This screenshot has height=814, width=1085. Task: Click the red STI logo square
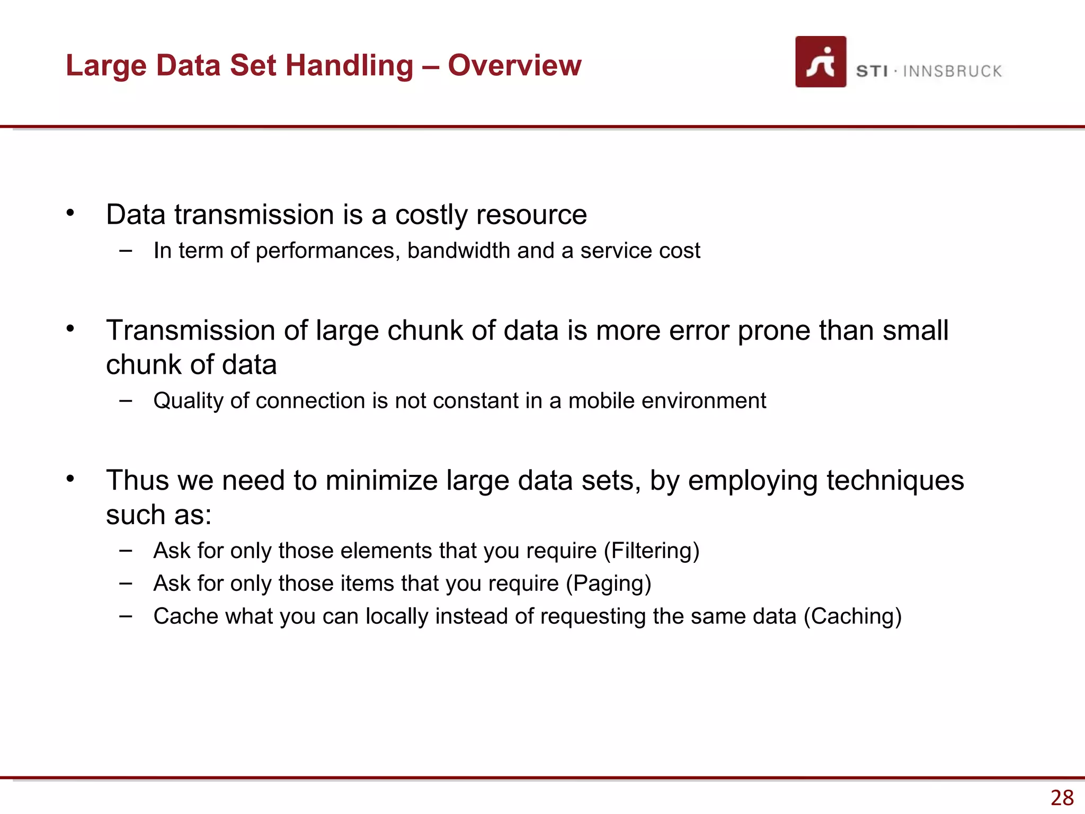(820, 61)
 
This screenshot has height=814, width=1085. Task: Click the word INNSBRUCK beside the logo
(952, 71)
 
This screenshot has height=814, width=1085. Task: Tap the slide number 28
(1062, 798)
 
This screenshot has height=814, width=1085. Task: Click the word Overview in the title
(514, 65)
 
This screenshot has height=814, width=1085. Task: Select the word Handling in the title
(349, 66)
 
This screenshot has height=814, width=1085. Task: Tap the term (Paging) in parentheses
(608, 583)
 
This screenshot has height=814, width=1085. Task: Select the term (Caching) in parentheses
(852, 616)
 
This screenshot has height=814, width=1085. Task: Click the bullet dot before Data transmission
(70, 213)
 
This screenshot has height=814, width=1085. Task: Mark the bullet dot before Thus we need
(70, 479)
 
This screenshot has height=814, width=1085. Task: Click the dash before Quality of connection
(126, 400)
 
